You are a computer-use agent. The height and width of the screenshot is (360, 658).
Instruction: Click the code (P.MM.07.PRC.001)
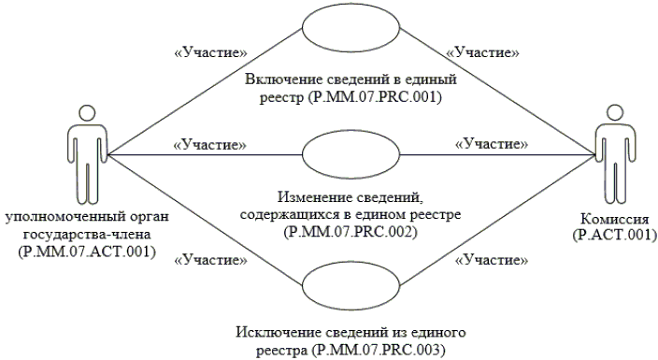click(x=374, y=97)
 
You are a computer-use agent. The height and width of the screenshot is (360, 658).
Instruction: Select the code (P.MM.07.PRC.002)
click(x=350, y=232)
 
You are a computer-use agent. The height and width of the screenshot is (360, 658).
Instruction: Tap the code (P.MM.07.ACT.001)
click(x=87, y=252)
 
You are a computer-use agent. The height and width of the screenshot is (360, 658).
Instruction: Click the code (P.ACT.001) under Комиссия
click(x=614, y=235)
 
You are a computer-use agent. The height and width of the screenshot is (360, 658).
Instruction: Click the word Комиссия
click(x=614, y=219)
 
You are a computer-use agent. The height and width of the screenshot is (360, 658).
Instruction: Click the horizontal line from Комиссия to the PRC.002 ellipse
click(x=498, y=154)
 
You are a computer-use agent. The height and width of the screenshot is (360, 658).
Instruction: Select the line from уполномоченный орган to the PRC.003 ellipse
click(x=206, y=220)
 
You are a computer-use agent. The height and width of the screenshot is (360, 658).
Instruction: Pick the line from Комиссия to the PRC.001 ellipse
click(x=498, y=92)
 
